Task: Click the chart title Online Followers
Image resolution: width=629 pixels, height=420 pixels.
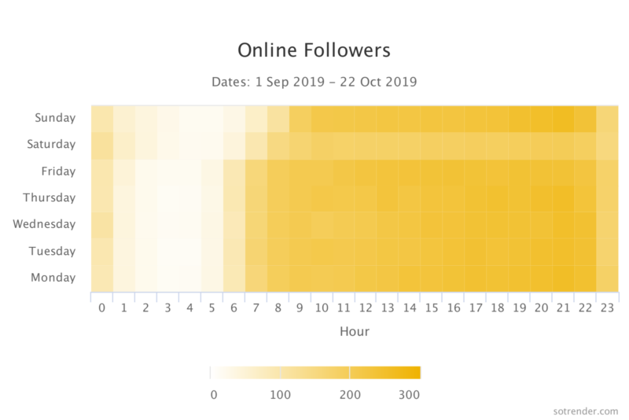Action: (314, 50)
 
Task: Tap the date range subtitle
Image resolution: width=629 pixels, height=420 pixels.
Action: (314, 81)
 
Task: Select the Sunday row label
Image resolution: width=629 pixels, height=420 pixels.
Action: (55, 118)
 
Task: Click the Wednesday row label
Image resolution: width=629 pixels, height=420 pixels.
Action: (44, 224)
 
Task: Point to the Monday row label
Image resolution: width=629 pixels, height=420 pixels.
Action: (53, 278)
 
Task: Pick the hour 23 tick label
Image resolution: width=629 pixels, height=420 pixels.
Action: (608, 308)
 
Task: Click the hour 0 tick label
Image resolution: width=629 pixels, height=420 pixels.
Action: (101, 308)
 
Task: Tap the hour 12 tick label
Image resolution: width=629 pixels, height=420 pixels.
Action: (366, 308)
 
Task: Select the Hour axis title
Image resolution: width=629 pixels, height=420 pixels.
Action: (354, 331)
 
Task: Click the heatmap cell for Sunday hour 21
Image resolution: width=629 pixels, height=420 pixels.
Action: (564, 118)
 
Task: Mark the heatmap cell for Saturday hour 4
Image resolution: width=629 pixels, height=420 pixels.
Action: (189, 145)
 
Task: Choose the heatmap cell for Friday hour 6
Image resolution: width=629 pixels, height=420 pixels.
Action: (234, 171)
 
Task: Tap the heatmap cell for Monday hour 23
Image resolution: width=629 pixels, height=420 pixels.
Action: (608, 278)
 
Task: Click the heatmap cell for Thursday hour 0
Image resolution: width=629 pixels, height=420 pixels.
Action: (101, 197)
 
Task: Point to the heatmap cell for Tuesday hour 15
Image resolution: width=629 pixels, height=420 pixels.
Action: (432, 251)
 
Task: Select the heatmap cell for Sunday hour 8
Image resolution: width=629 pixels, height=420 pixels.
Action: (278, 118)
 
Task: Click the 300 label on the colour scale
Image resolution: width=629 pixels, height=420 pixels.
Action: (409, 394)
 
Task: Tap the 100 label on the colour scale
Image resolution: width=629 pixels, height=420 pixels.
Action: (281, 394)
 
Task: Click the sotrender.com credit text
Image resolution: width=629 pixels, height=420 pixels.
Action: (585, 410)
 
